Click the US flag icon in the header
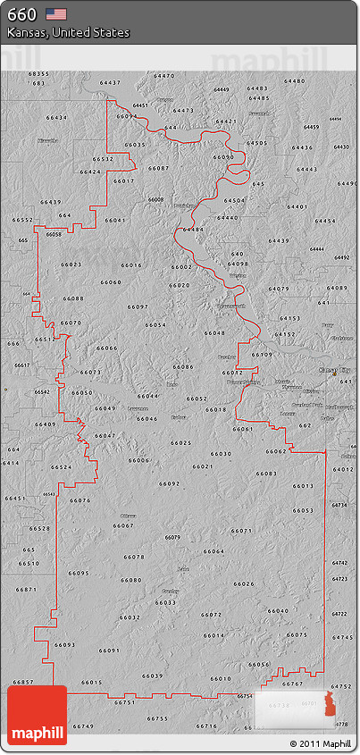pyautogui.click(x=56, y=13)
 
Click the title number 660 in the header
pyautogui.click(x=21, y=14)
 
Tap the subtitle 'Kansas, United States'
pyautogui.click(x=68, y=32)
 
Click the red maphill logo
pyautogui.click(x=37, y=716)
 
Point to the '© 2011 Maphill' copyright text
pyautogui.click(x=320, y=743)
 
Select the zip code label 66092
pyautogui.click(x=170, y=483)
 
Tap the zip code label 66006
pyautogui.click(x=138, y=460)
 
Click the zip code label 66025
pyautogui.click(x=181, y=443)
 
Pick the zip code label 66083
pyautogui.click(x=266, y=474)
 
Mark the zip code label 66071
pyautogui.click(x=241, y=531)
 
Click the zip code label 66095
pyautogui.click(x=79, y=573)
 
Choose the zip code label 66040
pyautogui.click(x=278, y=611)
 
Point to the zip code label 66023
pyautogui.click(x=71, y=264)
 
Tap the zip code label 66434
pyautogui.click(x=56, y=118)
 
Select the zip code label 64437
pyautogui.click(x=110, y=82)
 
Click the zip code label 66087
pyautogui.click(x=158, y=168)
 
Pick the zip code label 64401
pyautogui.click(x=297, y=206)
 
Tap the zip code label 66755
pyautogui.click(x=157, y=718)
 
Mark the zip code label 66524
pyautogui.click(x=62, y=467)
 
